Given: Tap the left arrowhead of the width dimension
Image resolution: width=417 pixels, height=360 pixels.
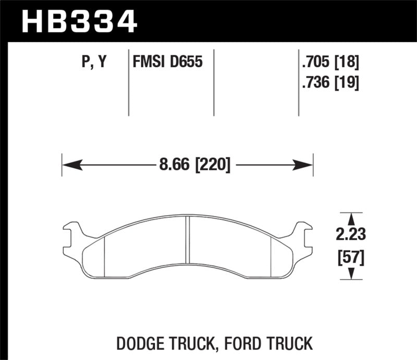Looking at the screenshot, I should (x=70, y=166).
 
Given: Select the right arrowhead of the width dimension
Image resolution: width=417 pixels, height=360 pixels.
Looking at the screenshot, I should (x=305, y=166).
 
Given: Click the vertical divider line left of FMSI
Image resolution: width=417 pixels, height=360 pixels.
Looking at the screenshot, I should (x=129, y=83).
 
